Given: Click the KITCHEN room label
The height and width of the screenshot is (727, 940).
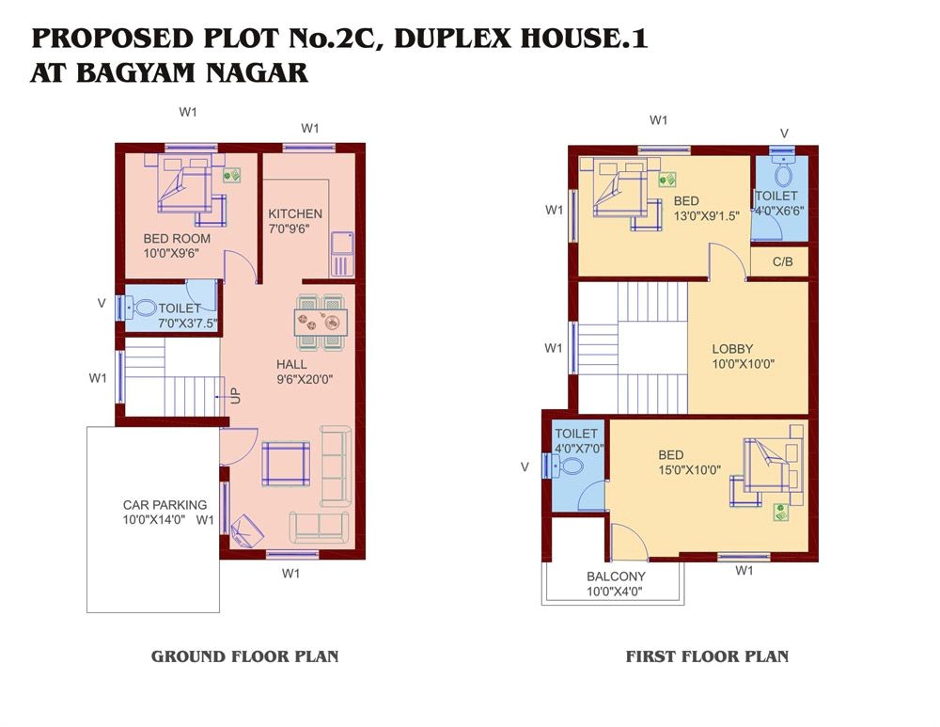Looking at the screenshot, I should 294,213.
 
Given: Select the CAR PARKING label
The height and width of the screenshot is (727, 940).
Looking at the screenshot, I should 164,505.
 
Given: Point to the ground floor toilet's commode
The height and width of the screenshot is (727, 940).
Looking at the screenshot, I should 144,308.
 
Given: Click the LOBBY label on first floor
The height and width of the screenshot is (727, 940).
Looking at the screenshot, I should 732,349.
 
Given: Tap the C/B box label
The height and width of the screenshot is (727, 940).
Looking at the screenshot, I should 782,262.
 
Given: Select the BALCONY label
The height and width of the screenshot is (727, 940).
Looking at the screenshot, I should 616,577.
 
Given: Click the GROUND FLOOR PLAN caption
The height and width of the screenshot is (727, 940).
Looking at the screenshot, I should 244,656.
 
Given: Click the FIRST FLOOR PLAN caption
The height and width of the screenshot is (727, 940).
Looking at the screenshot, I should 707,656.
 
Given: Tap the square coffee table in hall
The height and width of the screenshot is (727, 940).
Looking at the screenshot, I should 285,464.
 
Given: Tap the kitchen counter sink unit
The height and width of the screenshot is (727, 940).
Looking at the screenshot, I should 341,253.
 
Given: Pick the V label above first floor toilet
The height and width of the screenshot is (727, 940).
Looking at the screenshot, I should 785,133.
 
